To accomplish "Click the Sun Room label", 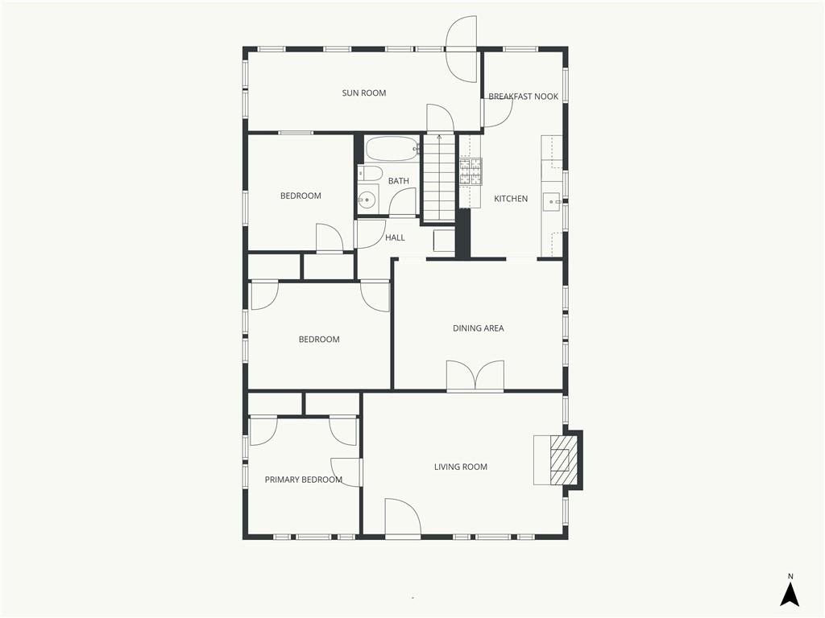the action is (x=363, y=93).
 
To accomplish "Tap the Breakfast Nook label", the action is (x=523, y=97).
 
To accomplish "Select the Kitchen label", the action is (x=510, y=199).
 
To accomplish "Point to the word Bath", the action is (x=398, y=181).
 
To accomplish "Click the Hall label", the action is (x=395, y=237).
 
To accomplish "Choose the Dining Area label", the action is (x=478, y=328).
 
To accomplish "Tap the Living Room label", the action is (x=460, y=467).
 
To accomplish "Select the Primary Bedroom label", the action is (x=303, y=480).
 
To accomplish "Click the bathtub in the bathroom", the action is (x=392, y=149).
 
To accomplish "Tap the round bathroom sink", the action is (x=367, y=200).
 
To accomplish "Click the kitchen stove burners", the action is (x=471, y=171).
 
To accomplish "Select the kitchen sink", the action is (x=551, y=200).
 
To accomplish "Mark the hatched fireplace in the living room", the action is (x=560, y=459).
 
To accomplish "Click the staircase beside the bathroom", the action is (x=439, y=177).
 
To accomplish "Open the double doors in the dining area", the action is (x=475, y=375).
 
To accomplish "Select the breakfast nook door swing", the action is (x=498, y=112).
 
